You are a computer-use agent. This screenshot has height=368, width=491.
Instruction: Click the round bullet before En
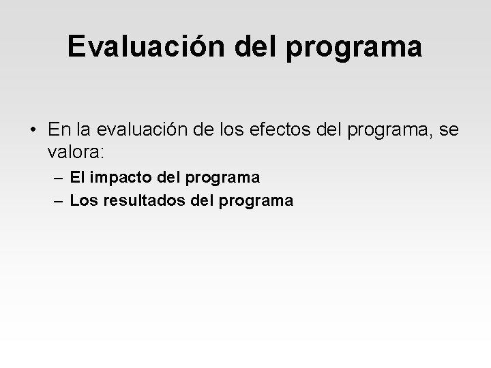click(33, 128)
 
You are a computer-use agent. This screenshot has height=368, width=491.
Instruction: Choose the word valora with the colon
click(76, 149)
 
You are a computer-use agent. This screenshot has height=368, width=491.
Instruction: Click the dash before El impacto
click(61, 179)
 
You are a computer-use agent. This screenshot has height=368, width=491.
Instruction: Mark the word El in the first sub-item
click(78, 178)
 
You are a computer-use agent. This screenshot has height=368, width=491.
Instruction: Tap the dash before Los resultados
click(61, 201)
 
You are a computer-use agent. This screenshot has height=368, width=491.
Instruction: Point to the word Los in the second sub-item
click(84, 200)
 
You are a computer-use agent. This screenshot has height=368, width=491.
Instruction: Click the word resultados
click(143, 200)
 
